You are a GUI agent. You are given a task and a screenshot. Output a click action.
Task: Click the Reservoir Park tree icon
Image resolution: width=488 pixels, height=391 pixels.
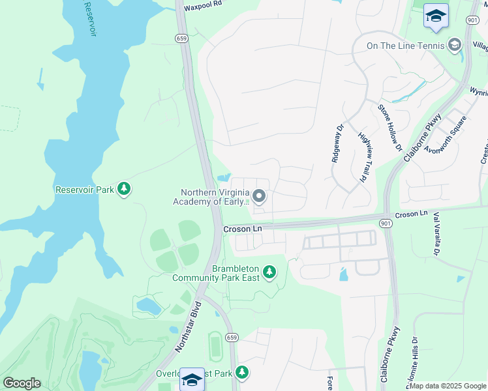(x=124, y=190)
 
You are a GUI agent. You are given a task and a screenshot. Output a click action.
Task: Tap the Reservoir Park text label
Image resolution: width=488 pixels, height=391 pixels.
(x=85, y=190)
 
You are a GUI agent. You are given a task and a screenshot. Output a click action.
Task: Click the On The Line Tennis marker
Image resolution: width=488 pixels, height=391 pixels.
(x=455, y=45)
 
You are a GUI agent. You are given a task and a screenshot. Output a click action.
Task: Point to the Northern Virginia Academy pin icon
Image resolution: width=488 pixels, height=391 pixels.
(x=259, y=196)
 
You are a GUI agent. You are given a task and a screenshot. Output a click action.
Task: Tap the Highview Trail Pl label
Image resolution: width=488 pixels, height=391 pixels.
(x=363, y=157)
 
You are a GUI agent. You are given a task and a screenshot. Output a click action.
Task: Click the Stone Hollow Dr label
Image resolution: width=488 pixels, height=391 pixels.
(x=389, y=128)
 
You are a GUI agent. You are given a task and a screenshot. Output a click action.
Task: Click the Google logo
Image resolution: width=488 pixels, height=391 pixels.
(x=22, y=383)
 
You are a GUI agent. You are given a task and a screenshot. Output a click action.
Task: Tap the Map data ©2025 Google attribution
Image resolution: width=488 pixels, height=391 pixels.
(x=448, y=386)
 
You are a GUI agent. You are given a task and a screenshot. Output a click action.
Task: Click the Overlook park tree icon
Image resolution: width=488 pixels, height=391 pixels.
(x=242, y=373)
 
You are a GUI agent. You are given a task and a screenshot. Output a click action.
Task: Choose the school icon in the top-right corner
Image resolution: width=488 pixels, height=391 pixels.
(x=436, y=16)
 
